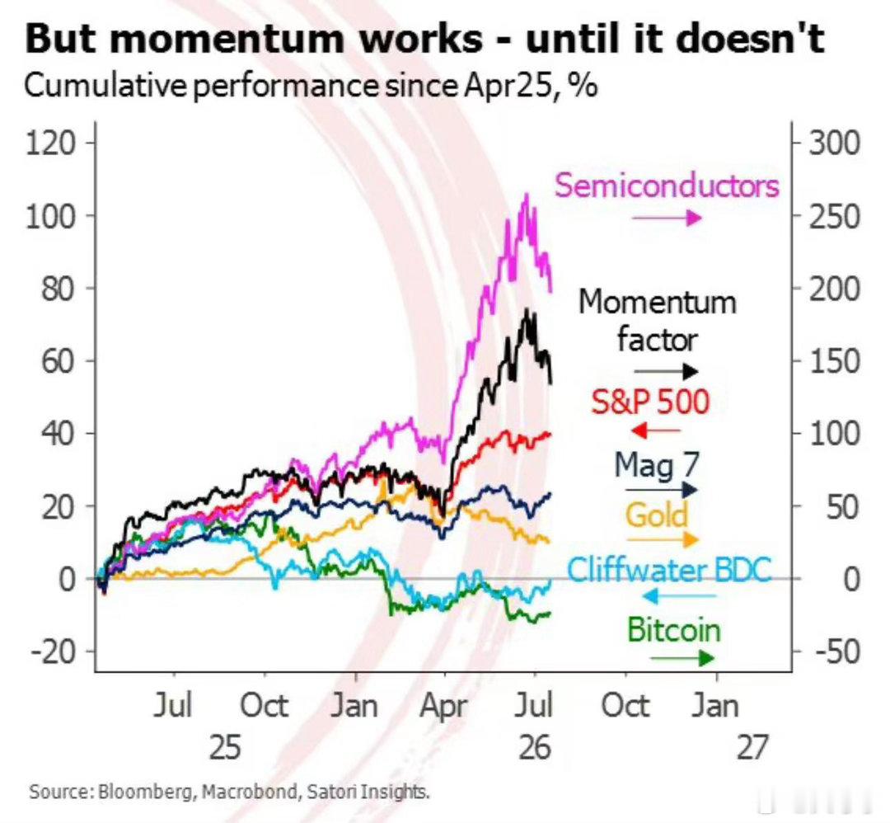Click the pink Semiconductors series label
point(667,186)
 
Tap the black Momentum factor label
point(658,320)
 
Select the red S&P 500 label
point(650,402)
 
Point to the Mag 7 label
point(658,466)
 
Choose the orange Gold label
point(657,515)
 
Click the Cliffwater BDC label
point(670,569)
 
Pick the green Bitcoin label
point(674,629)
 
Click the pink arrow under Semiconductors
point(667,218)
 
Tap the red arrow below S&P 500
point(655,430)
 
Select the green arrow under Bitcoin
point(682,658)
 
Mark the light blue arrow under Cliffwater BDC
point(679,595)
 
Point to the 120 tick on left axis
point(50,143)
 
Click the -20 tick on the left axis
point(53,651)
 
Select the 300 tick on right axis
point(834,143)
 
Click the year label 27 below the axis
point(752,747)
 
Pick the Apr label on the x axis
point(444,707)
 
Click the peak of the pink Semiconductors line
point(527,195)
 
